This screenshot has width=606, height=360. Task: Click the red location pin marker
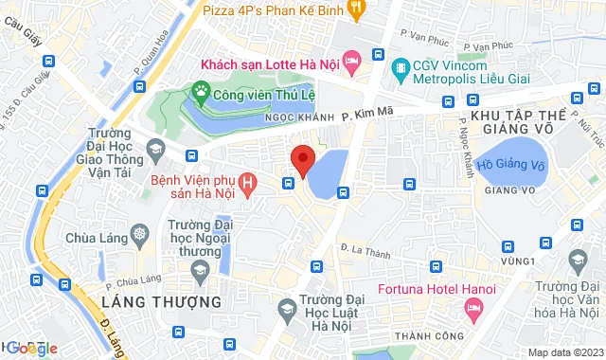tap(302, 160)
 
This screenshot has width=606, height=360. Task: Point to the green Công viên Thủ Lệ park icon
tap(200, 91)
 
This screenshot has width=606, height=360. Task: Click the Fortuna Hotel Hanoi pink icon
tap(473, 308)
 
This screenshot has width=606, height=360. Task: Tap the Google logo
tap(29, 348)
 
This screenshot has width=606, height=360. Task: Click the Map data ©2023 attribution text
tap(563, 352)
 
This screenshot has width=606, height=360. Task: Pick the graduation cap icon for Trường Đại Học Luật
tap(286, 307)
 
